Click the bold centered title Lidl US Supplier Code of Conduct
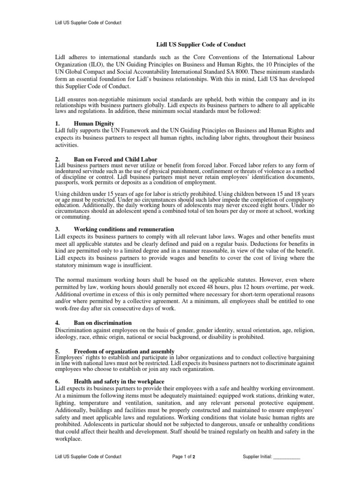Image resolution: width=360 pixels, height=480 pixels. click(x=180, y=45)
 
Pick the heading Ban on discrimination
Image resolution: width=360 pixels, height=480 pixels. click(x=103, y=323)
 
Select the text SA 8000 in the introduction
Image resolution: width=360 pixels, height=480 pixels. click(x=238, y=71)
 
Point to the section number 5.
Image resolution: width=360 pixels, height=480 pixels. click(x=57, y=351)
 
